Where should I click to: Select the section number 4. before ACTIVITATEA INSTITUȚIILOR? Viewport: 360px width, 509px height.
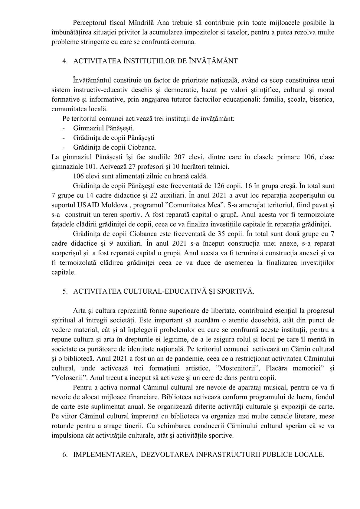tap(64, 61)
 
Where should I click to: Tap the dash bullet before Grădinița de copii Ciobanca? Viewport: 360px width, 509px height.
tap(64, 148)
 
